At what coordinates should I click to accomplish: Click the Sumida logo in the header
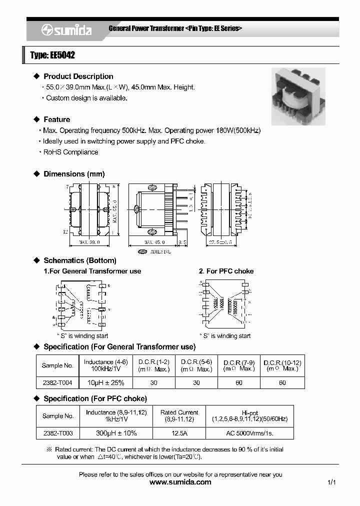coord(66,30)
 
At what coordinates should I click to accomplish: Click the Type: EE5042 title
coord(52,55)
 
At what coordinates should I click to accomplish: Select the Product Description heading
coord(78,76)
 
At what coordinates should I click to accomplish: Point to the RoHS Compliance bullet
coord(70,152)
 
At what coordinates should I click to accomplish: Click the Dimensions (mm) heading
coord(74,174)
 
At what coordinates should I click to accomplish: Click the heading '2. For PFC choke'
coord(226,271)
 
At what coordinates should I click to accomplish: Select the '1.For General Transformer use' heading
coord(92,271)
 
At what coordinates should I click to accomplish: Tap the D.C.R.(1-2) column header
coord(153,365)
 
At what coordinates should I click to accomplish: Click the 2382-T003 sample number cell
coord(57,432)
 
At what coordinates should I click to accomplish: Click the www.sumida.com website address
coord(180,482)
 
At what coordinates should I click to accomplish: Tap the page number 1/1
coord(331,482)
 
